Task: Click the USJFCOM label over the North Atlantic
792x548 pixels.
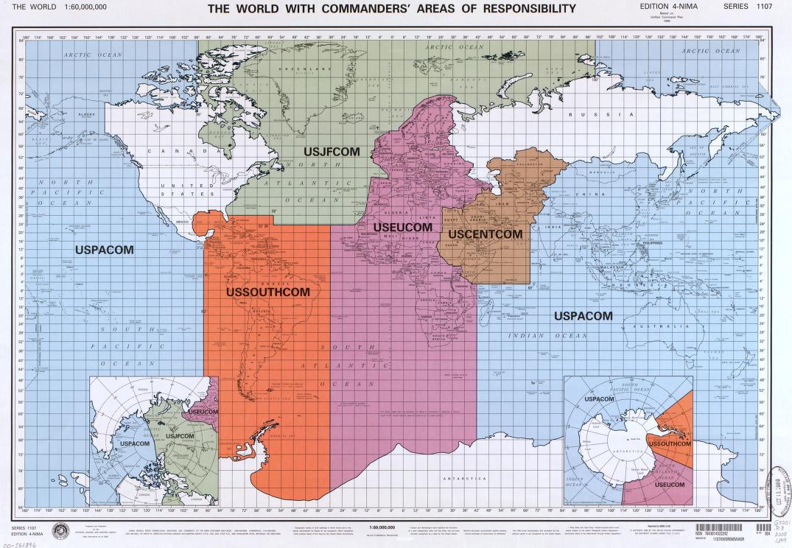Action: [x=332, y=152]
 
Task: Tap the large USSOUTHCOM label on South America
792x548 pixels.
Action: [x=267, y=292]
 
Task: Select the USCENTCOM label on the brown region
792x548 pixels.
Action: [x=485, y=234]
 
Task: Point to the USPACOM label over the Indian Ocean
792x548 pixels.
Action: [x=583, y=316]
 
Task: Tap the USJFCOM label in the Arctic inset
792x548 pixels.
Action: [x=180, y=437]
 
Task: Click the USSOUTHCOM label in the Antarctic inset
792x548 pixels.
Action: [x=669, y=444]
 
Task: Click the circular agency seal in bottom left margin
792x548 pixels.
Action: [x=60, y=530]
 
